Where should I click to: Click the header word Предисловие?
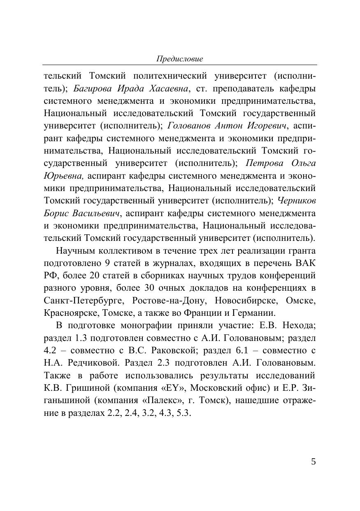[180, 59]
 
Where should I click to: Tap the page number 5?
[314, 462]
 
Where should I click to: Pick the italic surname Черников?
[297, 201]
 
